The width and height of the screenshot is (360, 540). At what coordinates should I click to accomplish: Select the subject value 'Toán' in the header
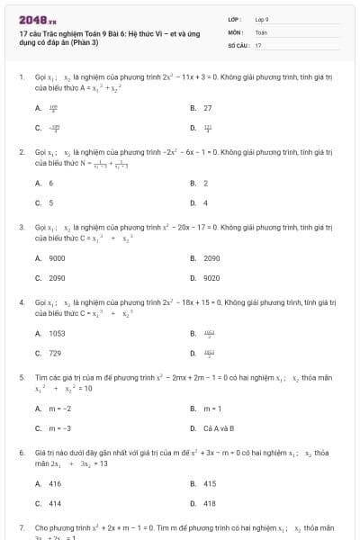(x=261, y=31)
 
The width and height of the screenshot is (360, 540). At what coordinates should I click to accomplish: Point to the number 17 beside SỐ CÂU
(x=258, y=44)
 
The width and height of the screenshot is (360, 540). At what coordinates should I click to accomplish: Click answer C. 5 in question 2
(x=45, y=202)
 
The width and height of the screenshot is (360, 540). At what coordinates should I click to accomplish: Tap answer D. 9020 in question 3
(x=206, y=278)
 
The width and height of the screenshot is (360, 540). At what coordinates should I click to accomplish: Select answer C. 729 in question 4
(x=49, y=353)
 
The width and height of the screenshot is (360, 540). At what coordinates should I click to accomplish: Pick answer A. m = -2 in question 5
(x=53, y=408)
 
